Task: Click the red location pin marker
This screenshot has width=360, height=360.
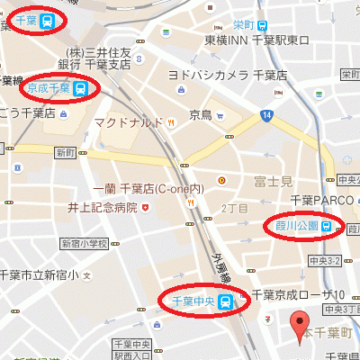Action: (x=301, y=326)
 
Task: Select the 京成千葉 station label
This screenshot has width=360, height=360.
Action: (x=50, y=88)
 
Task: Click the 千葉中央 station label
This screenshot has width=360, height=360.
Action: (x=191, y=301)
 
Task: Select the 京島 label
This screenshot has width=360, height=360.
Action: (x=200, y=115)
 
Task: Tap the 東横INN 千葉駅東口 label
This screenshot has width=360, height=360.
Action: (x=256, y=40)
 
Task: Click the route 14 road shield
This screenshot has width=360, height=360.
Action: (x=266, y=114)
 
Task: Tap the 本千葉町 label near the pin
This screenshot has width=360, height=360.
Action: (x=328, y=332)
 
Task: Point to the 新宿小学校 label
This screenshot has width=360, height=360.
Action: (x=83, y=243)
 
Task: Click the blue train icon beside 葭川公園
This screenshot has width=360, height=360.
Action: (x=326, y=226)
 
